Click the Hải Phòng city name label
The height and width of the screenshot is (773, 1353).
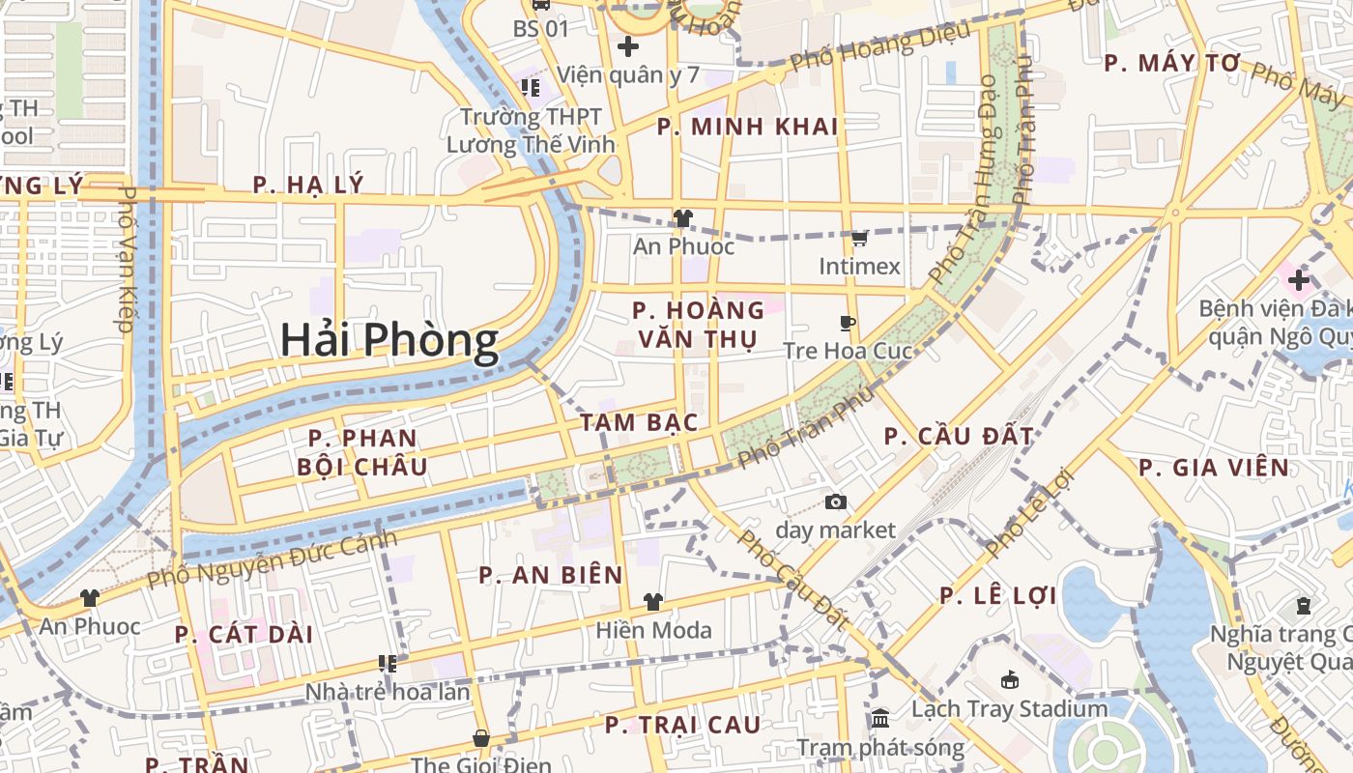(389, 341)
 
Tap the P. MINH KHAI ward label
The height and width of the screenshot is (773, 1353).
(747, 127)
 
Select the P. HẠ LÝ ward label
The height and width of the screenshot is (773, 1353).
(308, 185)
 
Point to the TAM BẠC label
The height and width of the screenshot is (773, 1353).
(639, 422)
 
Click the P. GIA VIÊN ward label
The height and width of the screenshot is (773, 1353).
(1214, 469)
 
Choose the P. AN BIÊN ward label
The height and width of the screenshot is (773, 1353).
(551, 576)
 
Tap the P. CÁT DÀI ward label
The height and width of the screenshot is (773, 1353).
(245, 635)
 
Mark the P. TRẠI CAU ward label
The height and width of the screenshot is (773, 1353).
(682, 725)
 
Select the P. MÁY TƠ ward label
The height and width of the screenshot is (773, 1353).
(1171, 64)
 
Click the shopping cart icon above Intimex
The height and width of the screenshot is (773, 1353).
(859, 237)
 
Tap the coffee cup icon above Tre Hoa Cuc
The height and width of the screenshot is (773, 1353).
(848, 323)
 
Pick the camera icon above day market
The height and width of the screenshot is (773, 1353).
(836, 501)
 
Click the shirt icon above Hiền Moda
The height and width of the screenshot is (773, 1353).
(653, 602)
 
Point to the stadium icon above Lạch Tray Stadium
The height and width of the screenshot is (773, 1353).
(1010, 680)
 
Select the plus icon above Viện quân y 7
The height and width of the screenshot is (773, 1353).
(628, 45)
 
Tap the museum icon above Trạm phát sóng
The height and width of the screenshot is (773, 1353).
(880, 719)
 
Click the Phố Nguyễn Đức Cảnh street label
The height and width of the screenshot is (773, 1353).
(272, 559)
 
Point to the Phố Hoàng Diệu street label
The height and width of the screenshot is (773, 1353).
(878, 46)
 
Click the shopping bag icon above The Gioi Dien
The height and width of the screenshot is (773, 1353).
(481, 739)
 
